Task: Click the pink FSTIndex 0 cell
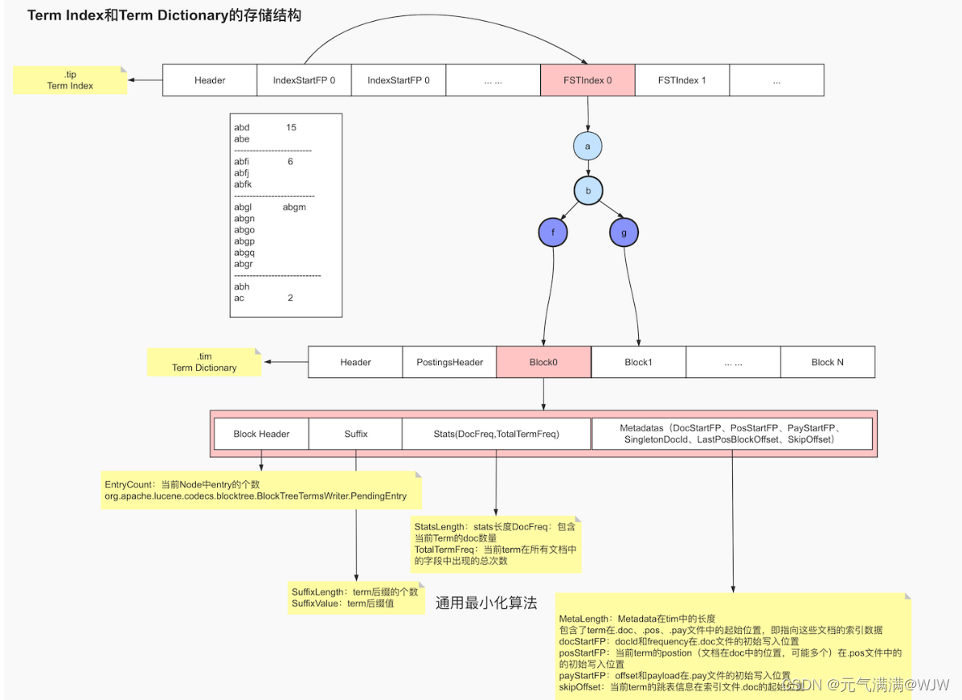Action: tap(587, 80)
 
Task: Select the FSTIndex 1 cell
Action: tap(682, 80)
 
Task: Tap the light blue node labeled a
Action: tap(587, 146)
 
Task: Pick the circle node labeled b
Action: tap(587, 191)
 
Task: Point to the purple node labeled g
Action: tap(624, 233)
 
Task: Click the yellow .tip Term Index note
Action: tap(70, 80)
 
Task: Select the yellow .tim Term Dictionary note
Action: tap(204, 362)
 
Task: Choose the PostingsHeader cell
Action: tap(449, 362)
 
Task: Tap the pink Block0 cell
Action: tap(543, 362)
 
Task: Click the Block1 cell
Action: tap(638, 362)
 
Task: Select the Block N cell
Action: tap(827, 362)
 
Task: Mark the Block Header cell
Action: tap(261, 434)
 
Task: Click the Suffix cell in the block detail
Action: tap(356, 434)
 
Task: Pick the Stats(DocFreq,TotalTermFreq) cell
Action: tap(496, 434)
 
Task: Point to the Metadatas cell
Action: tap(731, 434)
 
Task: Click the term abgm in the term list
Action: tap(294, 207)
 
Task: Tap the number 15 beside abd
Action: tap(291, 127)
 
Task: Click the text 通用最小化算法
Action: tap(485, 603)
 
